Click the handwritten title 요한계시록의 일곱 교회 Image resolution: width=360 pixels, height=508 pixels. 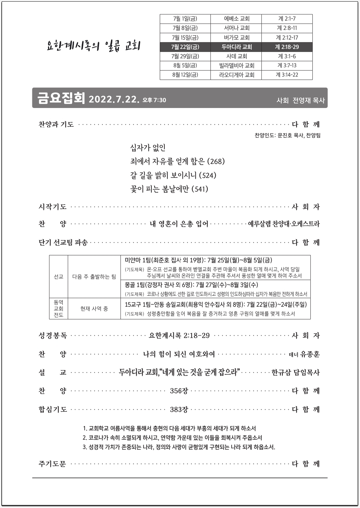tap(93, 46)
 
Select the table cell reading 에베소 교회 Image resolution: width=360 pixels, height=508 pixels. tap(236, 19)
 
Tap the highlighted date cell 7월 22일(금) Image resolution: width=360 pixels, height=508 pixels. tap(185, 47)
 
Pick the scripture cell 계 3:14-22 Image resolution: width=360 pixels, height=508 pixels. tap(287, 75)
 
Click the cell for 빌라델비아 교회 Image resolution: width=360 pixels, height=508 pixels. tap(236, 66)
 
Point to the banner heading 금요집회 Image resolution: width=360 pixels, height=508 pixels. tap(61, 98)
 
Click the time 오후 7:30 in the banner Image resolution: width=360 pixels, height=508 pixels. tap(154, 100)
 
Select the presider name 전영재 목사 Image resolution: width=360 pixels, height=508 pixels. tap(308, 100)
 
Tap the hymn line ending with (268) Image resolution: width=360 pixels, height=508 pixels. tap(177, 162)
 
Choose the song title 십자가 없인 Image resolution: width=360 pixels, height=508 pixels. tap(148, 148)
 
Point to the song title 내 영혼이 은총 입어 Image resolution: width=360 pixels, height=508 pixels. tap(179, 224)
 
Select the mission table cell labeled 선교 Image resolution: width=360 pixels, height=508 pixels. tap(59, 277)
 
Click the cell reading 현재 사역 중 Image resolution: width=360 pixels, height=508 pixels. tap(94, 309)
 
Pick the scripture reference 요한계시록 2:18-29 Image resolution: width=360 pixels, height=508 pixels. tap(179, 336)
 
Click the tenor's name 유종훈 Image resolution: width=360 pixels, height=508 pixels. tap(310, 354)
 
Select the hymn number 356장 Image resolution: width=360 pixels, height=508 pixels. tap(179, 391)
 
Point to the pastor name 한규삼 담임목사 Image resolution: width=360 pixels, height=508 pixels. tap(295, 373)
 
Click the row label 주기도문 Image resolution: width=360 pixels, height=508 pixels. tap(52, 464)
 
